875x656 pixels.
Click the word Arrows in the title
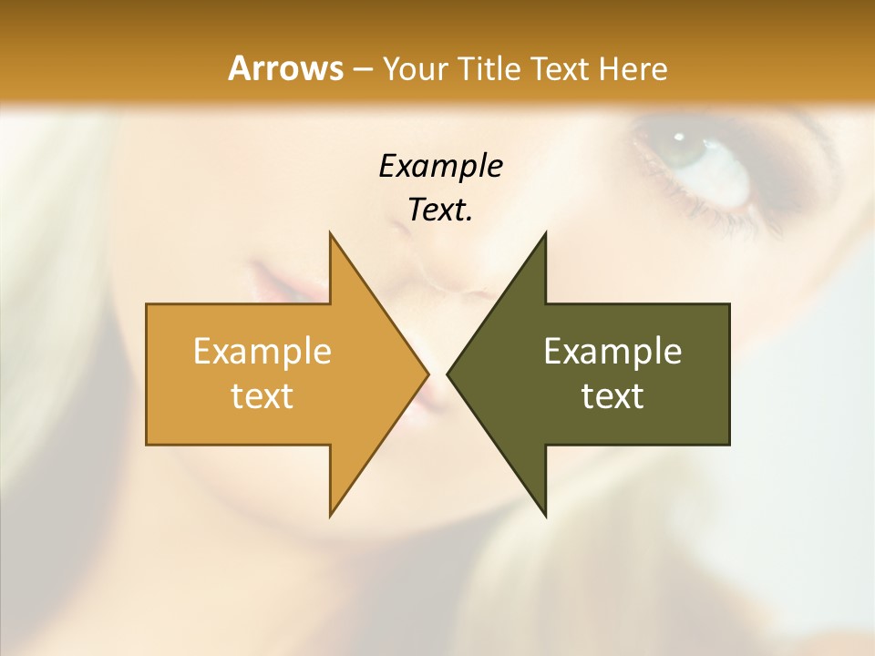tap(285, 68)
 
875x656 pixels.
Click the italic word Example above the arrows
tap(440, 166)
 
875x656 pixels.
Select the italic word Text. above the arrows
tap(440, 210)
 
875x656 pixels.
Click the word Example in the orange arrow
tap(262, 351)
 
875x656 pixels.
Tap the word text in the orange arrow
tap(262, 395)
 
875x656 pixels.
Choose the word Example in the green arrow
tap(612, 351)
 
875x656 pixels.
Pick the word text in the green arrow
tap(612, 395)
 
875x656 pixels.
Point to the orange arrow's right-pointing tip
tap(427, 374)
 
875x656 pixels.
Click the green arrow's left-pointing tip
tap(448, 374)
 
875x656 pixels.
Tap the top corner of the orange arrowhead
tap(330, 234)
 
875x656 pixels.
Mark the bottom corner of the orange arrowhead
tap(330, 515)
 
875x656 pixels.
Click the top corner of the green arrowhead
tap(545, 234)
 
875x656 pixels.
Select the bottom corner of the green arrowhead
tap(545, 515)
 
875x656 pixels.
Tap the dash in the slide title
tap(362, 69)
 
